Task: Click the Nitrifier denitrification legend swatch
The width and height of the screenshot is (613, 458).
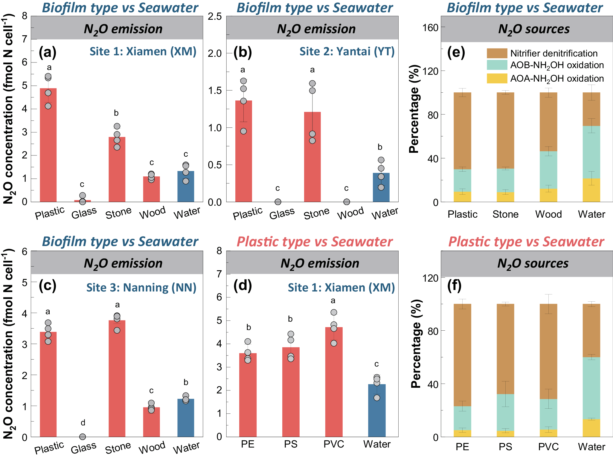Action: tap(497, 53)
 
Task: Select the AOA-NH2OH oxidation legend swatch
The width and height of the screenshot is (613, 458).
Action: tap(497, 78)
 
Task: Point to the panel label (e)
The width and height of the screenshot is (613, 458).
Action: tap(456, 53)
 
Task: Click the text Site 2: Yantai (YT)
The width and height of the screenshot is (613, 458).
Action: tap(347, 51)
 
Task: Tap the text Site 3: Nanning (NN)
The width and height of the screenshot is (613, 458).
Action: tap(141, 287)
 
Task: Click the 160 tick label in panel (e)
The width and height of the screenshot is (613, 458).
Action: tap(430, 28)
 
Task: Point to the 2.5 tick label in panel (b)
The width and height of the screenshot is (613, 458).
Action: tap(215, 16)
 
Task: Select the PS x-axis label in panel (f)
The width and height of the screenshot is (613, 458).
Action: tap(505, 447)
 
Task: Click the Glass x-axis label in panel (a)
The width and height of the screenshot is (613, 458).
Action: tap(84, 213)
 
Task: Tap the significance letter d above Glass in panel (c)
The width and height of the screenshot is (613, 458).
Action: tap(83, 422)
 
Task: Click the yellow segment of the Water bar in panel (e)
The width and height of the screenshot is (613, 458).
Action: tap(591, 190)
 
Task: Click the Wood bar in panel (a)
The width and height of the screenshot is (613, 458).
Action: tap(151, 189)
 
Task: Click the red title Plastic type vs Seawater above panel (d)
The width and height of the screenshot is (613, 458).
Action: tap(315, 242)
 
